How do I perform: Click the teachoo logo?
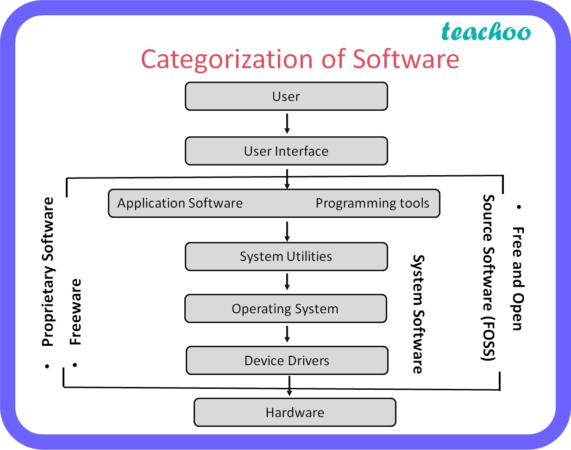tap(486, 32)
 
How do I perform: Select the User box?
tap(286, 96)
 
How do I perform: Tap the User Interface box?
tap(286, 151)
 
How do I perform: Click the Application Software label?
tap(180, 203)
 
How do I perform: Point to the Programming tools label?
tap(372, 203)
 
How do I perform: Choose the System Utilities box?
tap(286, 257)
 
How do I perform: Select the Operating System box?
tap(285, 309)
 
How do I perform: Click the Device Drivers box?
tap(287, 361)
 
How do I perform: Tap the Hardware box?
tap(295, 412)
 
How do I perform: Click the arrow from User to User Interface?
tap(287, 124)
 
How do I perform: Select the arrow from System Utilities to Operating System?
tap(287, 282)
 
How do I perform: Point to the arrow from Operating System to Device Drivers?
tap(287, 334)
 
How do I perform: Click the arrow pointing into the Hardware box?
tap(289, 386)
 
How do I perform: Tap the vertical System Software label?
tap(418, 314)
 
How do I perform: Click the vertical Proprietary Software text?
tap(48, 272)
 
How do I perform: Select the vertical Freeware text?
tap(75, 311)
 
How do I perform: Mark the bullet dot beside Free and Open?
tap(519, 207)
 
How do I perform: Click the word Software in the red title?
tap(406, 59)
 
